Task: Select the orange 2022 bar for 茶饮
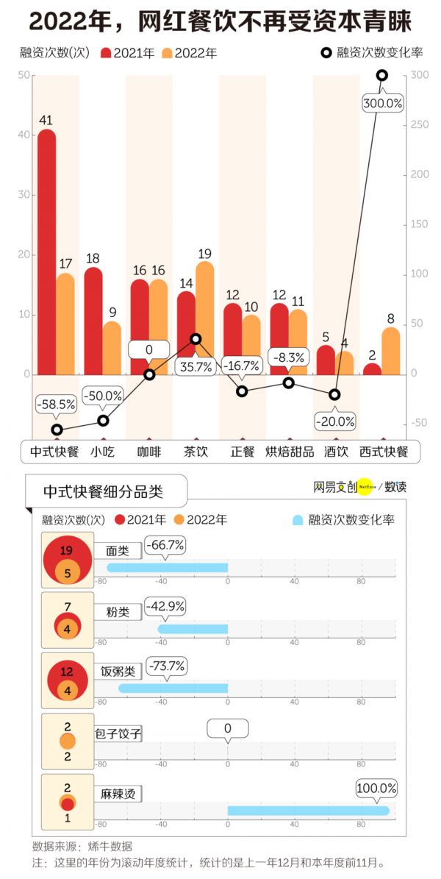(x=205, y=318)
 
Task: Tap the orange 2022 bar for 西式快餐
(x=391, y=351)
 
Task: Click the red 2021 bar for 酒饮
(x=326, y=360)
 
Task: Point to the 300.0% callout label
(x=383, y=104)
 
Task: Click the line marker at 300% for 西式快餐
(x=382, y=75)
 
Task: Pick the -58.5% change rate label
(x=57, y=403)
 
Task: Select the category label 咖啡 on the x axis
(x=148, y=451)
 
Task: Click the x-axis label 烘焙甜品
(x=289, y=451)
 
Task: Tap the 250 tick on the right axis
(x=419, y=125)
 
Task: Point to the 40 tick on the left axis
(x=24, y=135)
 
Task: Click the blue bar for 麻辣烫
(x=308, y=811)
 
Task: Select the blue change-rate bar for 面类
(x=168, y=567)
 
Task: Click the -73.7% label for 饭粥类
(x=167, y=666)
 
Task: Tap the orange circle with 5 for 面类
(x=67, y=572)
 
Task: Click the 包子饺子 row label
(x=118, y=733)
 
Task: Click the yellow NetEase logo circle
(x=365, y=486)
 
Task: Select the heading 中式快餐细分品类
(x=103, y=491)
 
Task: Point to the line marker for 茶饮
(x=196, y=339)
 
